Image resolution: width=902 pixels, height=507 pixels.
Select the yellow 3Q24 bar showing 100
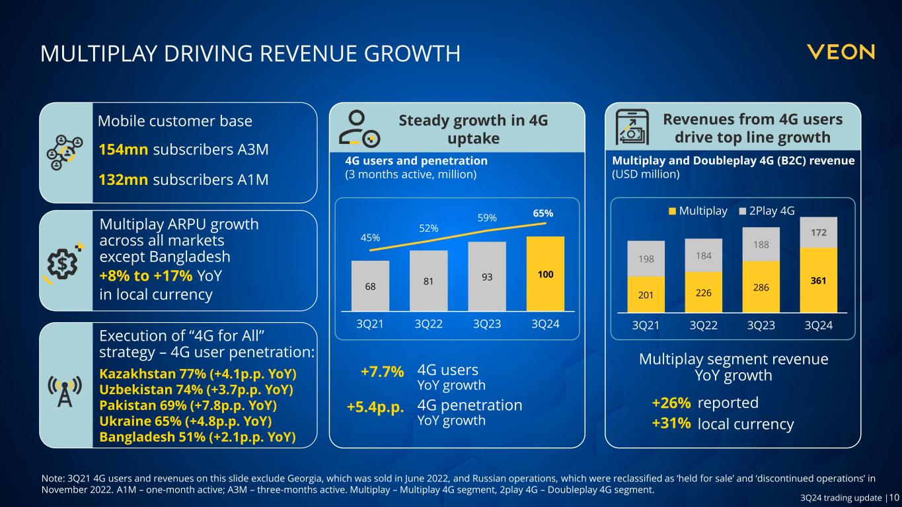click(545, 273)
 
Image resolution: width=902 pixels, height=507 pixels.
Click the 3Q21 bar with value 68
click(370, 286)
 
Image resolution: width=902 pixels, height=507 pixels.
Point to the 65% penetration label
click(543, 214)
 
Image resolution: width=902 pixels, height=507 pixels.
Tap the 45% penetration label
click(369, 238)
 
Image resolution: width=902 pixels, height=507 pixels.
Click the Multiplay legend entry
click(698, 211)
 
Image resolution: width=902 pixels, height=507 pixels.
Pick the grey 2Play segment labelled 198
click(646, 258)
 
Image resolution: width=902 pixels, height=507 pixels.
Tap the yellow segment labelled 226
click(703, 291)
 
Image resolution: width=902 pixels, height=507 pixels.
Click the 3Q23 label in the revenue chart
click(761, 325)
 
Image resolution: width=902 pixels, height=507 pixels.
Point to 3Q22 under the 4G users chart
click(429, 325)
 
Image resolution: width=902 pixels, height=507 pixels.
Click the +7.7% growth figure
click(382, 372)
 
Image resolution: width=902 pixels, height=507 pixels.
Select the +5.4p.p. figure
click(375, 407)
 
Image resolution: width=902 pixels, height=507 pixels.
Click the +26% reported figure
click(671, 403)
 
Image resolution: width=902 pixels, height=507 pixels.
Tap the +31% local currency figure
click(671, 424)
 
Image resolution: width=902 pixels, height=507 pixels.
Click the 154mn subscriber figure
click(123, 150)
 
